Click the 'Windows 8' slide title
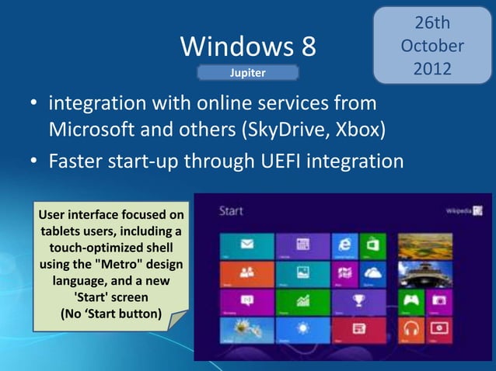click(248, 47)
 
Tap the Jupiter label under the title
click(248, 73)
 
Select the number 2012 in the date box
click(431, 68)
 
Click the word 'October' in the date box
click(431, 46)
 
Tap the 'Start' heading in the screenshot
click(231, 210)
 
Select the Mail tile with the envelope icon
click(247, 243)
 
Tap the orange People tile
click(247, 273)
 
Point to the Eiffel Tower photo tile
click(425, 273)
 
